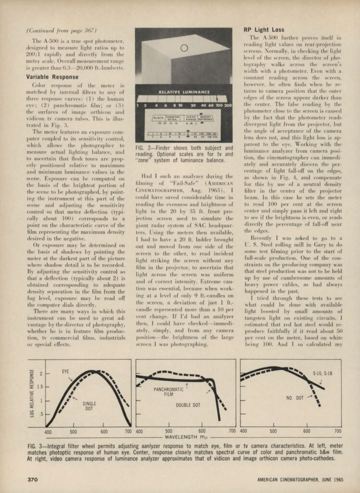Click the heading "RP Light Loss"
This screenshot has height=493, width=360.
(x=264, y=30)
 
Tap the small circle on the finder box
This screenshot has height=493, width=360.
(x=183, y=48)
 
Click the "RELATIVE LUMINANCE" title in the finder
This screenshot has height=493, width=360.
(x=184, y=91)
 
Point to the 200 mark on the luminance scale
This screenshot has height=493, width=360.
(x=228, y=105)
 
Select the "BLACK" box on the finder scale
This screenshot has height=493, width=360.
(x=159, y=117)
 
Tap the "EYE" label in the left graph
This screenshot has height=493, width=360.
(x=65, y=371)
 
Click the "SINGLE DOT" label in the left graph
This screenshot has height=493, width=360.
(x=89, y=405)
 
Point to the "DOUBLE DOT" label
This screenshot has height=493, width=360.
(x=188, y=405)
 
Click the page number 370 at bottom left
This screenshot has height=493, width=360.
(x=32, y=480)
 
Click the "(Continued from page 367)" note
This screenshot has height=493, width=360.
(x=55, y=30)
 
